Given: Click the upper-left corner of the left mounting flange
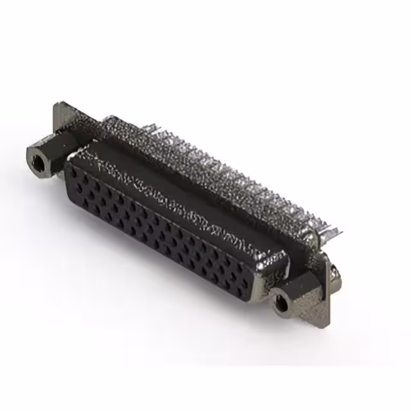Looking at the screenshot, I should pos(57,105).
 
